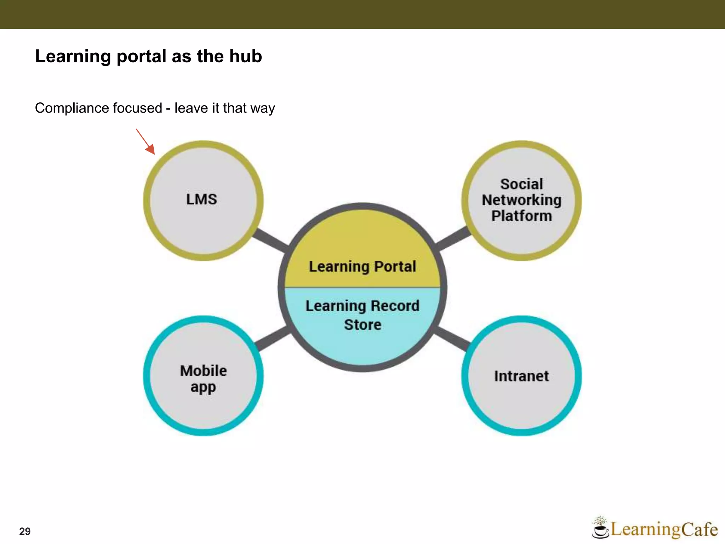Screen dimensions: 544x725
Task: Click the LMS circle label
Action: [x=201, y=199]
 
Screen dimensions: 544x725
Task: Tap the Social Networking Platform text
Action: [x=521, y=200]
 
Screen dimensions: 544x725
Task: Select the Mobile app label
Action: [x=203, y=379]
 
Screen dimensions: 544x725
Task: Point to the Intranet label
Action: [x=521, y=376]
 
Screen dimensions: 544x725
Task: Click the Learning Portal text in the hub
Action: [x=362, y=267]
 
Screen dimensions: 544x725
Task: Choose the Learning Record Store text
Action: [x=362, y=315]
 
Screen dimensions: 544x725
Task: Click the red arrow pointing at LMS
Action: [x=146, y=142]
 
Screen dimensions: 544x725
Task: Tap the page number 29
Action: [x=25, y=531]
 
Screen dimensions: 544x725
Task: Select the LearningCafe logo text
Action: [x=664, y=529]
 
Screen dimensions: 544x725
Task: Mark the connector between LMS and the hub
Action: [x=271, y=239]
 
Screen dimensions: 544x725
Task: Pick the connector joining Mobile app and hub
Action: [x=272, y=339]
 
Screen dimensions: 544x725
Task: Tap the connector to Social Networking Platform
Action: [x=453, y=239]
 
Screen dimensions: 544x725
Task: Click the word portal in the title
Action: [x=141, y=56]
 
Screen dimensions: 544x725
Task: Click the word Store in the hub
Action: [x=362, y=325]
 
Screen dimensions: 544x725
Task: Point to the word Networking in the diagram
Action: [x=521, y=200]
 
